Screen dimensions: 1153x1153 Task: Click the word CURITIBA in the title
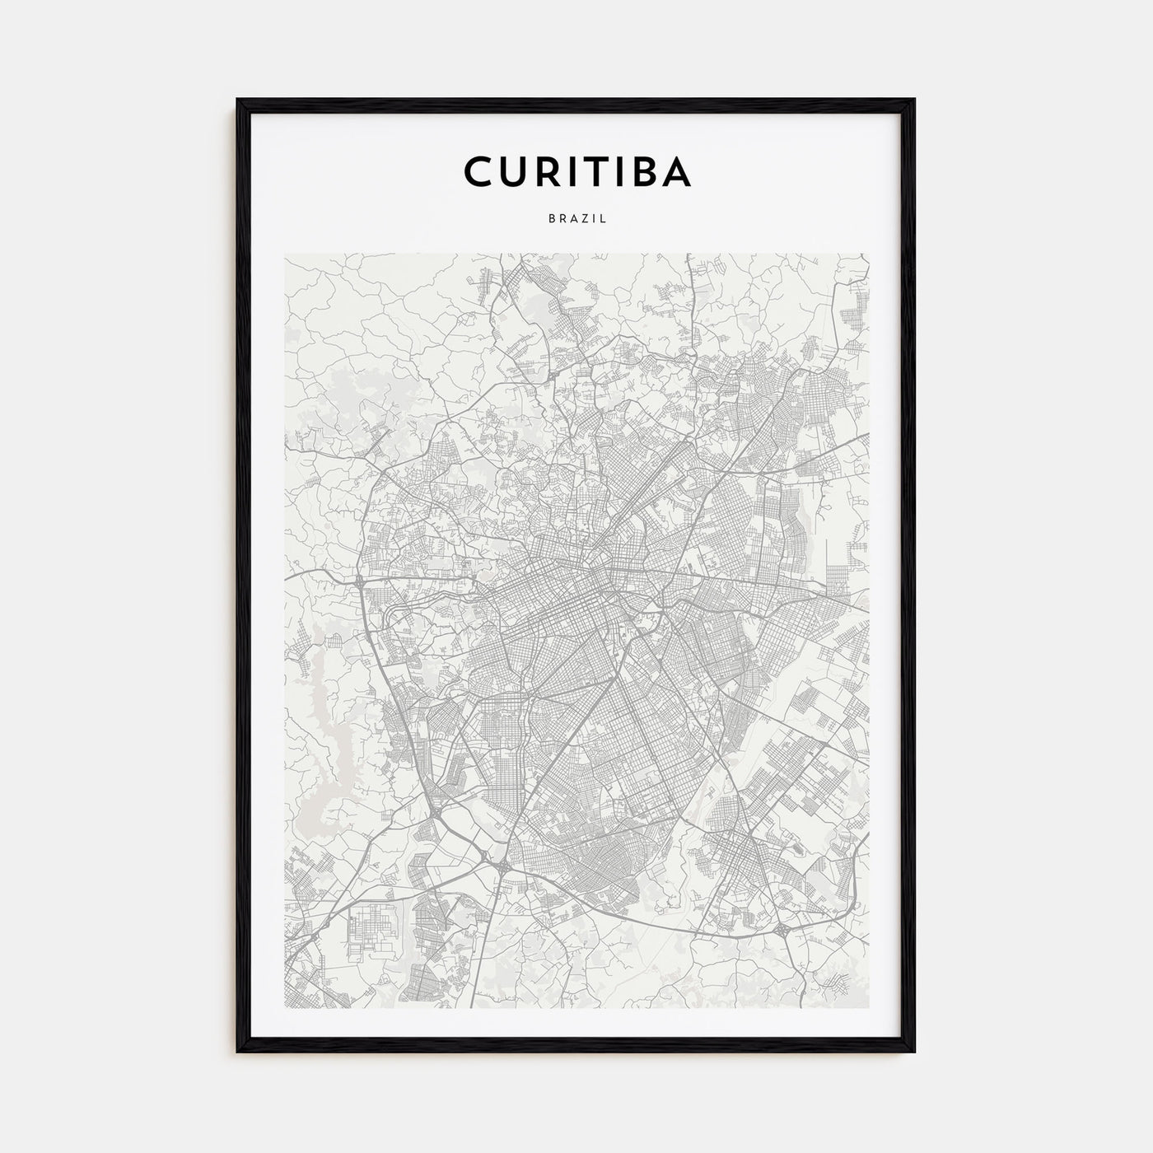pyautogui.click(x=576, y=171)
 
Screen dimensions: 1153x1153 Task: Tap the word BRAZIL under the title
pyautogui.click(x=576, y=220)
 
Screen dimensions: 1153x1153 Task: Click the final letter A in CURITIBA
pyautogui.click(x=673, y=171)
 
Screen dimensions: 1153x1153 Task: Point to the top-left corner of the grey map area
pyautogui.click(x=285, y=254)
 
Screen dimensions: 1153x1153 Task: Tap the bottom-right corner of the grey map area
pyautogui.click(x=868, y=1008)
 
